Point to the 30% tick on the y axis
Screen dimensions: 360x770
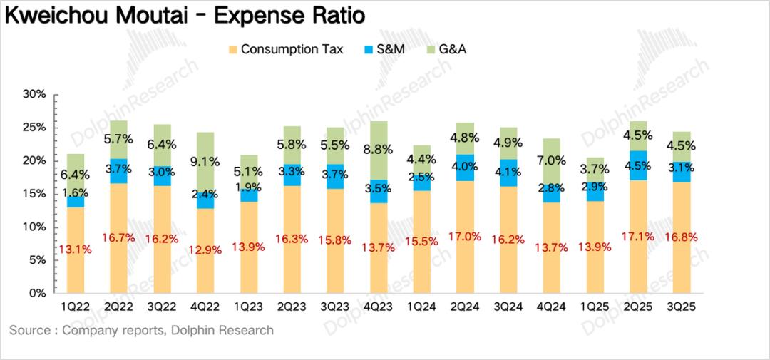pyautogui.click(x=34, y=94)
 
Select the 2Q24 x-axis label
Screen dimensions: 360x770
pyautogui.click(x=464, y=307)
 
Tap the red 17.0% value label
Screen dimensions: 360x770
pyautogui.click(x=464, y=236)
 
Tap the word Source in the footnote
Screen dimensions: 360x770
pyautogui.click(x=29, y=330)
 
